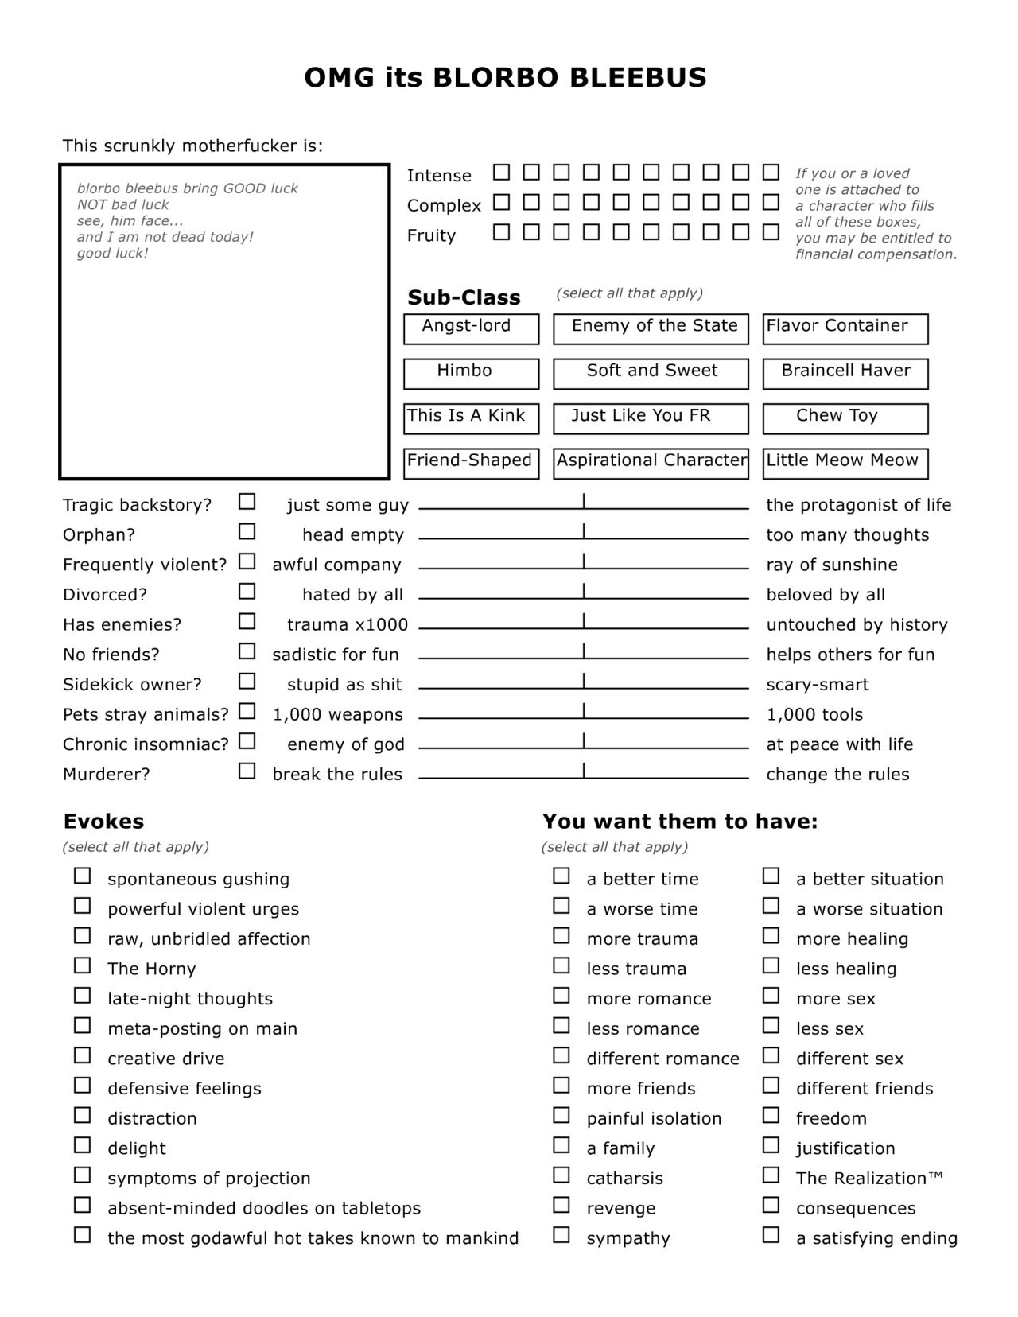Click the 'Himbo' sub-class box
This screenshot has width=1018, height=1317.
pos(471,373)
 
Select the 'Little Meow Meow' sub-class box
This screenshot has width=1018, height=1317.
pos(845,463)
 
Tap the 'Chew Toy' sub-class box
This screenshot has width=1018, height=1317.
pos(845,418)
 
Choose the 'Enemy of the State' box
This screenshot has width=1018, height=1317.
pos(651,328)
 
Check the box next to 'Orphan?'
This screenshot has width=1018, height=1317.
pos(247,531)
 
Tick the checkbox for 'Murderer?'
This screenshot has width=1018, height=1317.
pos(247,771)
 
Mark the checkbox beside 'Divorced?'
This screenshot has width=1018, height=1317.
pos(247,592)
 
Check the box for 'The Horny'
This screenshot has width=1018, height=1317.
pos(83,965)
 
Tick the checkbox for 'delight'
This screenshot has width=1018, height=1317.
pos(83,1145)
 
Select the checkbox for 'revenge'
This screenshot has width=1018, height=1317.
pos(561,1205)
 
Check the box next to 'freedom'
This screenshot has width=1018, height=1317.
pos(771,1115)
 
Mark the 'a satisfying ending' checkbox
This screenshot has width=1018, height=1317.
pos(771,1235)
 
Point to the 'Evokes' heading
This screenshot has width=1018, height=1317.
pos(103,822)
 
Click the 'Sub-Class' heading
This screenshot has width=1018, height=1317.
pos(464,297)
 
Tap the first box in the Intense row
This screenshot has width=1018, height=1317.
pos(501,173)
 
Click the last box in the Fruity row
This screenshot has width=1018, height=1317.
pos(771,232)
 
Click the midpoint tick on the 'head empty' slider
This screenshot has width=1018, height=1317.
pos(584,531)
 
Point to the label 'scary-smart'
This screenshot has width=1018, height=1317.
pos(817,685)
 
